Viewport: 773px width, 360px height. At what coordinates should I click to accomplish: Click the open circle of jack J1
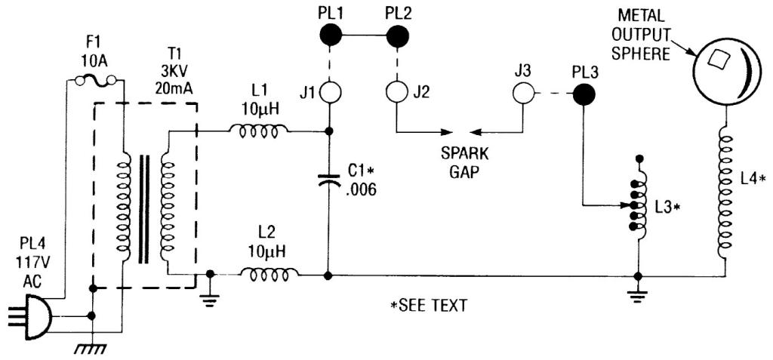click(x=329, y=94)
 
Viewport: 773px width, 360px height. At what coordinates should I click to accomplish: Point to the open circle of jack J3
click(x=523, y=94)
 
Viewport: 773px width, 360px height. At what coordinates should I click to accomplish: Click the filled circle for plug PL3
click(x=582, y=94)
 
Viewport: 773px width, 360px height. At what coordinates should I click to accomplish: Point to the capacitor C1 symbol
click(x=328, y=181)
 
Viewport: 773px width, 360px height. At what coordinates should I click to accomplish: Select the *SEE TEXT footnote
click(x=424, y=306)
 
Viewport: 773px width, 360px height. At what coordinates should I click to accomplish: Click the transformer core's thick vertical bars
click(x=142, y=208)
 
